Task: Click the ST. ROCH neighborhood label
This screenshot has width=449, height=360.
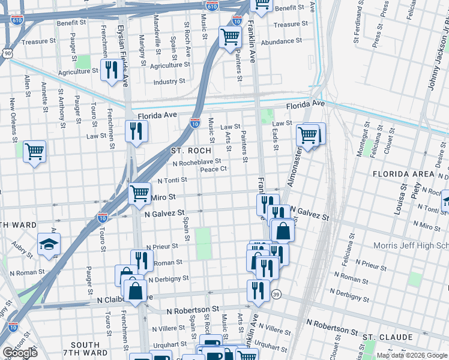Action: (x=191, y=151)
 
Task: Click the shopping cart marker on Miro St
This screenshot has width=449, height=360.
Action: (x=139, y=193)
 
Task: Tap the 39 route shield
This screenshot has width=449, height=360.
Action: (x=276, y=295)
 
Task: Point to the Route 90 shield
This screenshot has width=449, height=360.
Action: (x=7, y=53)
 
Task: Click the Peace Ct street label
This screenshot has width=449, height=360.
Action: (x=213, y=169)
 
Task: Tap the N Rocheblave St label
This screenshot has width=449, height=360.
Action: (x=197, y=162)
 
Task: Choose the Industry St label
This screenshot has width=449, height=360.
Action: (x=169, y=82)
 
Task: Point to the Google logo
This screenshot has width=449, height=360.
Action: (x=20, y=352)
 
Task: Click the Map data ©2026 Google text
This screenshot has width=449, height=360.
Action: (x=412, y=355)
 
